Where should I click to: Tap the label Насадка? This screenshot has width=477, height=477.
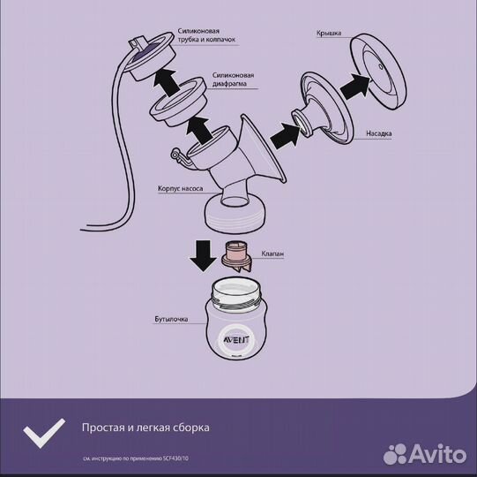point(380,135)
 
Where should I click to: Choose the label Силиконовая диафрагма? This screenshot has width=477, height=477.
point(235,81)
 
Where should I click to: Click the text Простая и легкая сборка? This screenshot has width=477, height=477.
point(145,428)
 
